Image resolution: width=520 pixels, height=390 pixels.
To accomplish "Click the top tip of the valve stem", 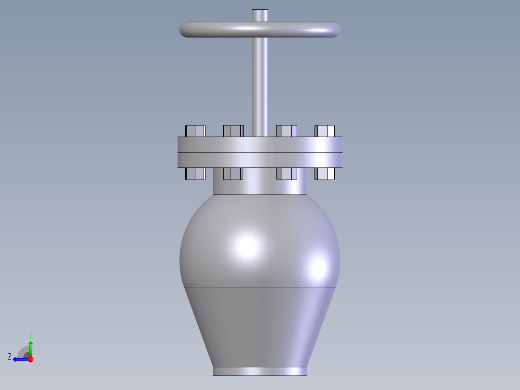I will tap(260, 11).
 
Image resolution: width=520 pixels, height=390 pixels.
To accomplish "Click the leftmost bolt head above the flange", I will tap(195, 131).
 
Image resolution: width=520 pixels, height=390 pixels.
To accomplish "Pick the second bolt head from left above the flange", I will tap(233, 131).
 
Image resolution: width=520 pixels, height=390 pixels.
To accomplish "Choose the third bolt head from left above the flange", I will tap(287, 131).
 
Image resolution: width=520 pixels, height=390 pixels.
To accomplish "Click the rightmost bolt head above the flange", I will tap(325, 131).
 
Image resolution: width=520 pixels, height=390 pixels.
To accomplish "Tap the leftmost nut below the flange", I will tap(195, 174).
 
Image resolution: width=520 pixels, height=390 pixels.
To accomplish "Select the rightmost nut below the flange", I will tap(325, 174).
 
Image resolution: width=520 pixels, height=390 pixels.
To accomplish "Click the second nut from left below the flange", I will tap(233, 174).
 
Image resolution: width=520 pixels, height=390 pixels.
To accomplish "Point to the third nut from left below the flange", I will tap(287, 174).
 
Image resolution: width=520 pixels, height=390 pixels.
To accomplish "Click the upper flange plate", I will tap(260, 144).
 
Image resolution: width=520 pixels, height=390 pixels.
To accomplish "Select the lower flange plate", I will tap(260, 160).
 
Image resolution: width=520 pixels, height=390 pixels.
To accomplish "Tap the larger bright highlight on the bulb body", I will tap(247, 245).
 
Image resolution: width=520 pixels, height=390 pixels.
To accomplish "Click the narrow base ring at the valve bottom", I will tap(260, 371).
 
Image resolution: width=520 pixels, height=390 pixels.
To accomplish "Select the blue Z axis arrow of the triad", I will tap(18, 359).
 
